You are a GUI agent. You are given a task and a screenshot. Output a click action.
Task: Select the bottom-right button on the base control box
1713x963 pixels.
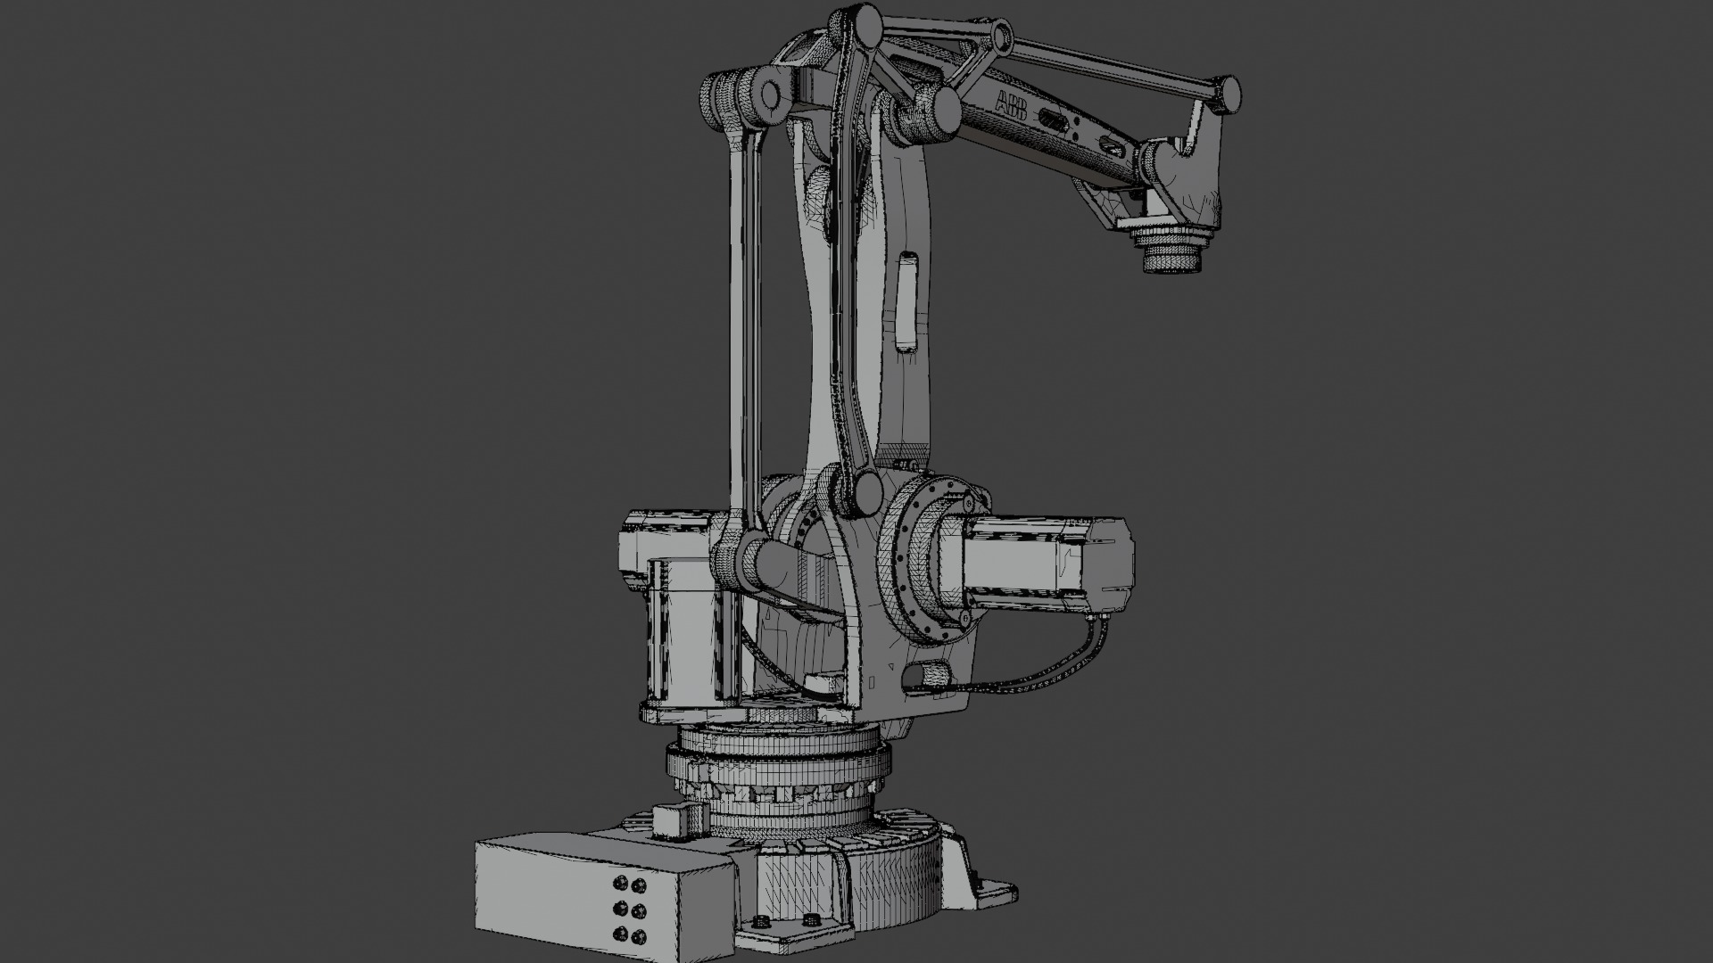(639, 936)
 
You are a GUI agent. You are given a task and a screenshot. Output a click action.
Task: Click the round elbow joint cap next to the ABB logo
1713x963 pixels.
(939, 111)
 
